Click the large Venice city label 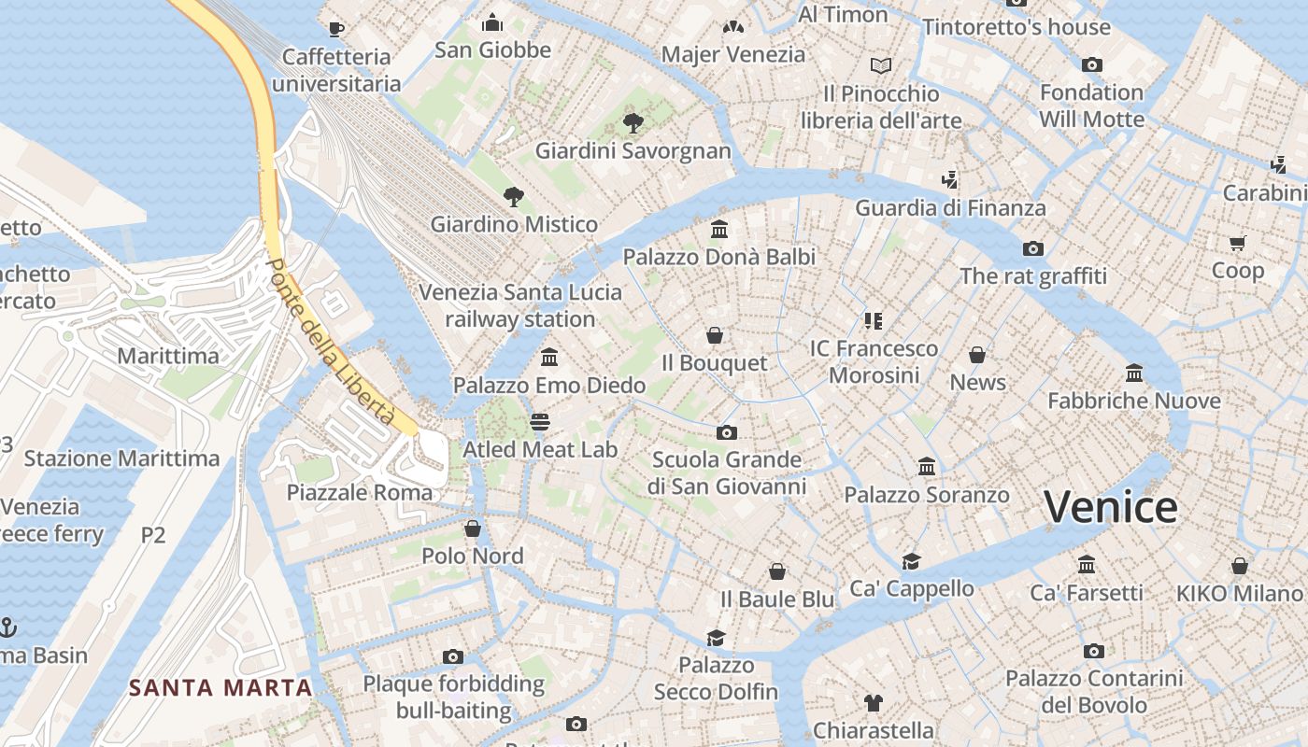pyautogui.click(x=1110, y=507)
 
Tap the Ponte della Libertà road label pyautogui.click(x=330, y=342)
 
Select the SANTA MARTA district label pyautogui.click(x=220, y=688)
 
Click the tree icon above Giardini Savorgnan pyautogui.click(x=633, y=122)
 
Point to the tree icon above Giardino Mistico pyautogui.click(x=513, y=196)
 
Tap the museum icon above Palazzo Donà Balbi pyautogui.click(x=719, y=229)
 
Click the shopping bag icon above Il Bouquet pyautogui.click(x=715, y=335)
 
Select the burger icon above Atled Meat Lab pyautogui.click(x=540, y=422)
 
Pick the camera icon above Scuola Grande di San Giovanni pyautogui.click(x=727, y=432)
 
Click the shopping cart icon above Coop pyautogui.click(x=1238, y=244)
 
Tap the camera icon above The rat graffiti pyautogui.click(x=1032, y=248)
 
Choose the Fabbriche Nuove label pyautogui.click(x=1133, y=401)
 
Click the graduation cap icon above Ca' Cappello pyautogui.click(x=911, y=561)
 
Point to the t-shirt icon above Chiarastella pyautogui.click(x=874, y=702)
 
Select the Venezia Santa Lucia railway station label pyautogui.click(x=520, y=305)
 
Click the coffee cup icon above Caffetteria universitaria pyautogui.click(x=336, y=29)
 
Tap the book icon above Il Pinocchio pyautogui.click(x=881, y=65)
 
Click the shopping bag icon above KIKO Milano pyautogui.click(x=1239, y=566)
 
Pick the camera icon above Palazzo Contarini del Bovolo pyautogui.click(x=1094, y=651)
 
